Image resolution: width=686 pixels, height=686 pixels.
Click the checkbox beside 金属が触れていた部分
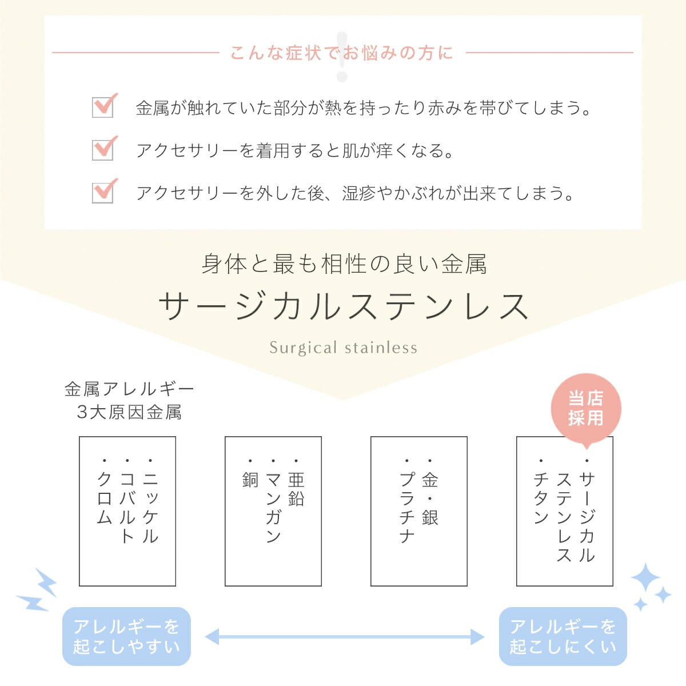click(103, 107)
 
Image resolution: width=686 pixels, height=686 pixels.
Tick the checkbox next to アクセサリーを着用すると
click(103, 150)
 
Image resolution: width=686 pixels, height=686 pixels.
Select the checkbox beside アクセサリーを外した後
click(103, 193)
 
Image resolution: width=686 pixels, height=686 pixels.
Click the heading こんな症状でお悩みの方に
click(342, 53)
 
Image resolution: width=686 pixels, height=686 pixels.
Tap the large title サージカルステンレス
click(343, 306)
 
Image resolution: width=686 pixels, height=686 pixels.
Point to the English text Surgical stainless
click(343, 348)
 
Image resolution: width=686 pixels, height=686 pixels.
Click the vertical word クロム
click(104, 497)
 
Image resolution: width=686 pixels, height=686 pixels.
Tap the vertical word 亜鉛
click(296, 489)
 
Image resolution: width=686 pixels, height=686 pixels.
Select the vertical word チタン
click(540, 497)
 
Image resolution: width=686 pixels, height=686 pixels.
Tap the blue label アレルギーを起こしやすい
click(126, 636)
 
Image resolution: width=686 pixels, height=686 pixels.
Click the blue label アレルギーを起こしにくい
click(563, 636)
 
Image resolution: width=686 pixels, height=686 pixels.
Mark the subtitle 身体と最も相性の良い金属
click(344, 265)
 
